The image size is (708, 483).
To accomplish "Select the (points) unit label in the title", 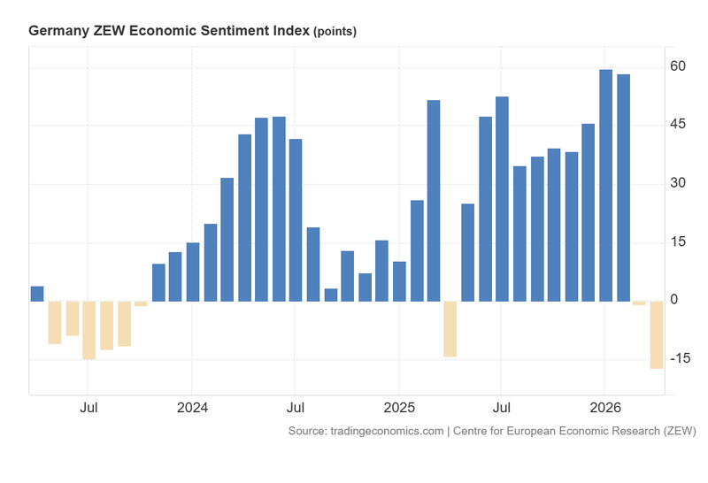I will coord(335,31).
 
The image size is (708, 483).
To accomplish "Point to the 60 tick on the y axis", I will coord(679,66).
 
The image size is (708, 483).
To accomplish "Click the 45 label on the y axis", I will coord(679,125).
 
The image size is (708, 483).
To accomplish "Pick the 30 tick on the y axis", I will coord(679,183).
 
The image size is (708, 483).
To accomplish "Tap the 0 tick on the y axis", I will coord(674,300).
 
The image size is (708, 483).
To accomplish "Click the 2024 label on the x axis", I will coord(192,409).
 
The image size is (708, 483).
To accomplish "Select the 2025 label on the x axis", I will coord(398,409).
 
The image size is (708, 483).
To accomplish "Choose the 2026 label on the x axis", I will coord(605,409).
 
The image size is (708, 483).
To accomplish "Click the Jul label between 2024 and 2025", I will coord(296,409).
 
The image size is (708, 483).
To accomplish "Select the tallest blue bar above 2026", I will coord(606,186).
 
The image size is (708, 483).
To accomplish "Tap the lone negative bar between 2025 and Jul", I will coord(450,329).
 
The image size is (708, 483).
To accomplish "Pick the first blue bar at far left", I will coord(37,294).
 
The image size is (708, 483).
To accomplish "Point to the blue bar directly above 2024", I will coord(193,272).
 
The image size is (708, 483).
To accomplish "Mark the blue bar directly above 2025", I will coord(399,281).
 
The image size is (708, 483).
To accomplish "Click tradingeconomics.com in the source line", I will coord(385,431).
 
